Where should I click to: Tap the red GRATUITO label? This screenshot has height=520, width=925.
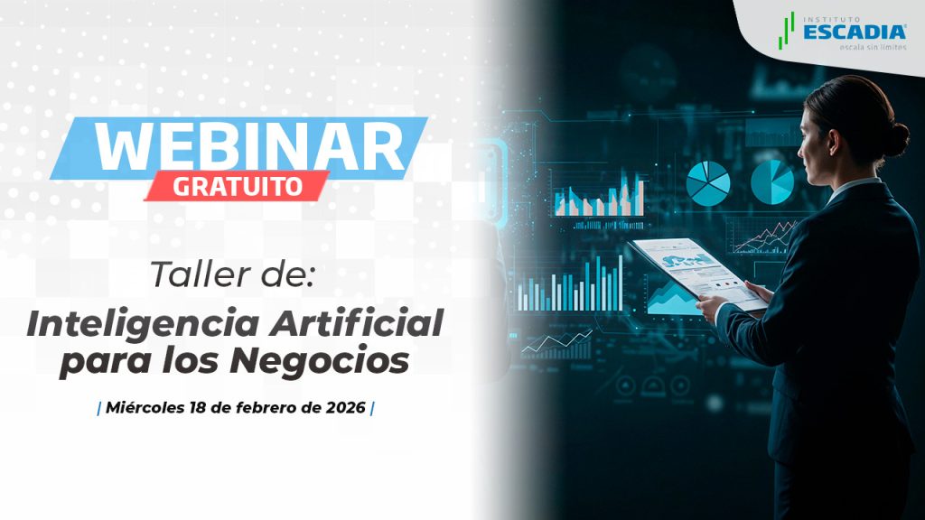click(238, 186)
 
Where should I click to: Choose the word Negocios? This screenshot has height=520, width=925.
click(319, 361)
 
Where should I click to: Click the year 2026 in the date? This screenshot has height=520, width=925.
click(346, 407)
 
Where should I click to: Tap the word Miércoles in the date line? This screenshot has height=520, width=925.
click(145, 407)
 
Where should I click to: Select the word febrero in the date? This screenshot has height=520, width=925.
click(268, 407)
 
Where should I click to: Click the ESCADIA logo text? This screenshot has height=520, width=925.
click(855, 32)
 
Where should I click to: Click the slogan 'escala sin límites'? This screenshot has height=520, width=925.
click(874, 47)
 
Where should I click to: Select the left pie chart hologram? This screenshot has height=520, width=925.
click(707, 183)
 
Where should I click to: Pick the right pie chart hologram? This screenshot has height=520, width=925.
click(772, 182)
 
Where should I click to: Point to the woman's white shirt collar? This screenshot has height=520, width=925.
click(849, 190)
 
